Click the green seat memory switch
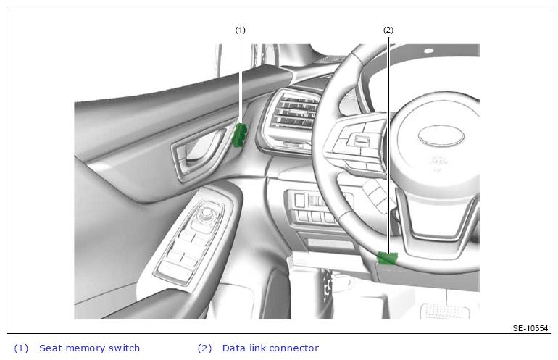point(239,135)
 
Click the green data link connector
point(387,259)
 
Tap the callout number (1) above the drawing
point(240,30)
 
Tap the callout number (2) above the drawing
point(388,30)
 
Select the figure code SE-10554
point(530,328)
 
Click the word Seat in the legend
point(50,348)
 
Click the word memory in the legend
point(85,348)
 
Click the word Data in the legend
point(234,348)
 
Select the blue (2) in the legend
point(204,348)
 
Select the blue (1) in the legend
point(21,348)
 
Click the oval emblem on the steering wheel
point(441,136)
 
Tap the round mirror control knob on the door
point(206,214)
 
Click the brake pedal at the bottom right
point(445,311)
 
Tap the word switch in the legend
point(124,348)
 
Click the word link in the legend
point(256,348)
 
